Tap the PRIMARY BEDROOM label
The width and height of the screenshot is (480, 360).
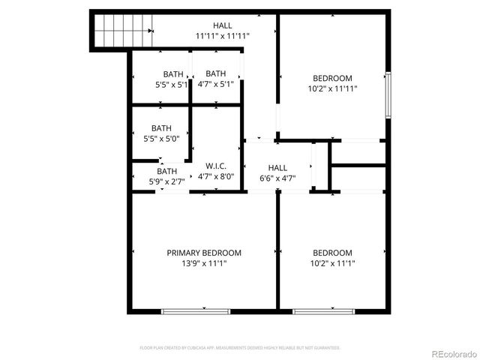pyautogui.click(x=204, y=253)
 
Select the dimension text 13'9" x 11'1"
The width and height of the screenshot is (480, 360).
pyautogui.click(x=204, y=263)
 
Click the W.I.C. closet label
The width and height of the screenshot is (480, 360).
pyautogui.click(x=216, y=166)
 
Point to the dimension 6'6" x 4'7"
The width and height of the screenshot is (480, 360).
pyautogui.click(x=277, y=178)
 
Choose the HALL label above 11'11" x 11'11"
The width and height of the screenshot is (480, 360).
pyautogui.click(x=222, y=25)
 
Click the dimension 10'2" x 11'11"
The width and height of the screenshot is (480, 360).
pyautogui.click(x=332, y=88)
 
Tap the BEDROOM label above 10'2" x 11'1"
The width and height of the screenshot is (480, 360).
pyautogui.click(x=332, y=253)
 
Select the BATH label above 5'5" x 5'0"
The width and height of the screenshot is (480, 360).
pyautogui.click(x=161, y=128)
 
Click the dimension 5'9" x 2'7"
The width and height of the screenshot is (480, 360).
pyautogui.click(x=166, y=181)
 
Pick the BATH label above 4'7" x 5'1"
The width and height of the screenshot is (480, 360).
pyautogui.click(x=216, y=73)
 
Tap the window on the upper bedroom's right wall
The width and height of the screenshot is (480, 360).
pyautogui.click(x=388, y=94)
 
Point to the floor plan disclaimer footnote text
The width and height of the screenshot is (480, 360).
pyautogui.click(x=240, y=348)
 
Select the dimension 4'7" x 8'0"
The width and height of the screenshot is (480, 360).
pyautogui.click(x=216, y=177)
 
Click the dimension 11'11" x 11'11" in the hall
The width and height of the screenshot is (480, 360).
pyautogui.click(x=222, y=35)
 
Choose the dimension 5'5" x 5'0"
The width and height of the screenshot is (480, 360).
pyautogui.click(x=161, y=139)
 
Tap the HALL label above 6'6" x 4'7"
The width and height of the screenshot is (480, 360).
pyautogui.click(x=277, y=168)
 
